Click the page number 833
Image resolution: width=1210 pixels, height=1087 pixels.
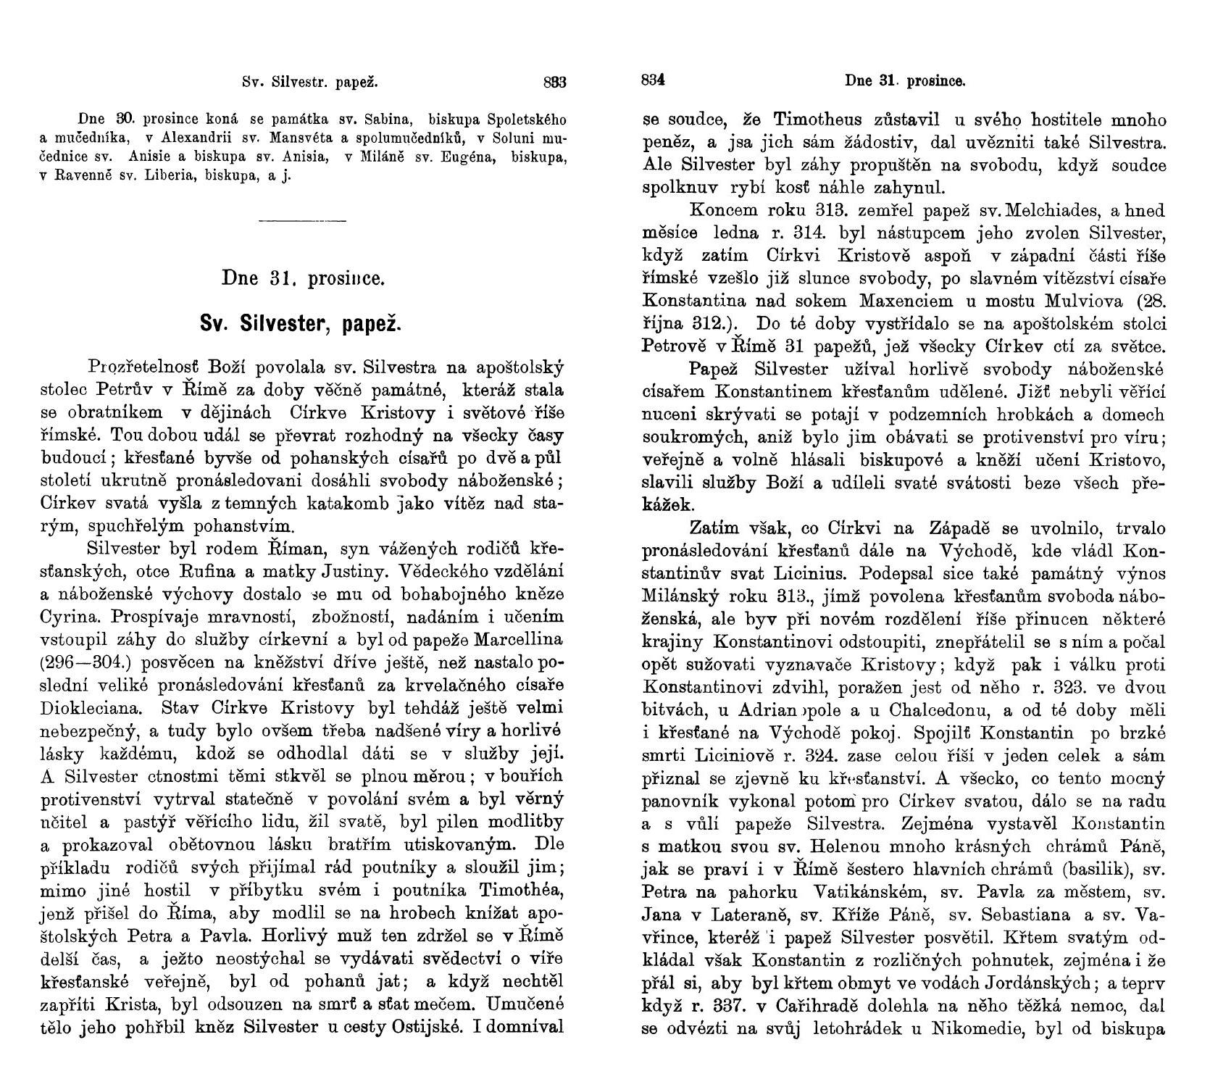[554, 82]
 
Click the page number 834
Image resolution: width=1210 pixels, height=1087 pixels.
[653, 81]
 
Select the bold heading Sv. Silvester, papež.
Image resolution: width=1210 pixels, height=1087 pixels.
[301, 322]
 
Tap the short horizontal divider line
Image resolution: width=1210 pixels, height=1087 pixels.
[302, 220]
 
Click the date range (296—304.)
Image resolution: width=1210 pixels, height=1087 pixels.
[85, 663]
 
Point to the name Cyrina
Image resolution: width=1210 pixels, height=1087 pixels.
[67, 617]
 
